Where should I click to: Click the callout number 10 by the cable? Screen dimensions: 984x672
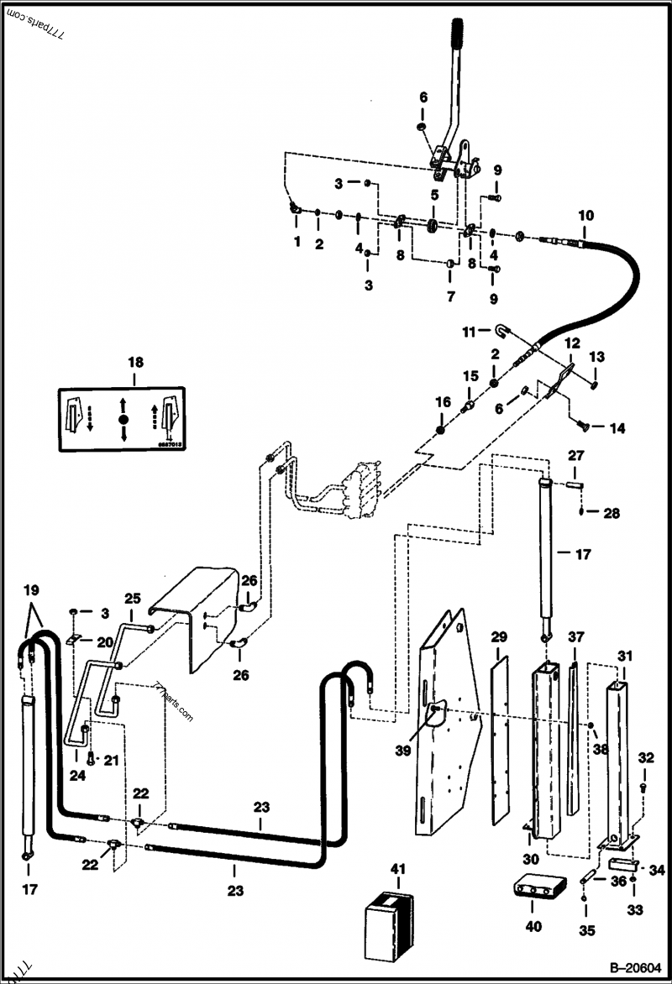585,215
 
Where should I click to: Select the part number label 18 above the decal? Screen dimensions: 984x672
135,362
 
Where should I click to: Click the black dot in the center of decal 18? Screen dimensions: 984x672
123,418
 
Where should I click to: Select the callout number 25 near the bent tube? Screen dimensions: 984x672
134,599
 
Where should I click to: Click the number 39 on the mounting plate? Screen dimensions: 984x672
404,751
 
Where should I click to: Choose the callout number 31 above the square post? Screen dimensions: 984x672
624,655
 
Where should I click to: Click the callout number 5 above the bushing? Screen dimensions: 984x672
434,194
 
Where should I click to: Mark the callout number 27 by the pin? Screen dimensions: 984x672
575,456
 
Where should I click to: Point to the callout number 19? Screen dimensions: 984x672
30,589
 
